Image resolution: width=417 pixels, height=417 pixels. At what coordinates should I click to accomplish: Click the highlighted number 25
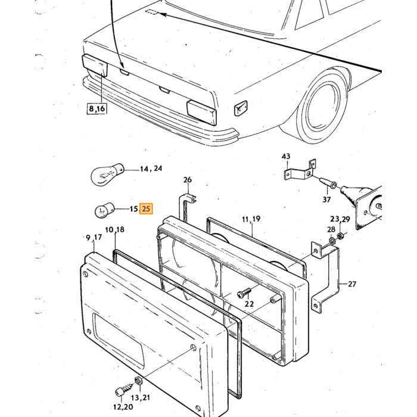pyautogui.click(x=147, y=208)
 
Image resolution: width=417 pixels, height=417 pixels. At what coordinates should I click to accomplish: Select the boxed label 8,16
pyautogui.click(x=97, y=108)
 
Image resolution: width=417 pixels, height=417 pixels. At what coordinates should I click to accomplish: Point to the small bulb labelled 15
pyautogui.click(x=104, y=210)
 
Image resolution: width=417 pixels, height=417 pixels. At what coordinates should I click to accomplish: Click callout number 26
pyautogui.click(x=188, y=180)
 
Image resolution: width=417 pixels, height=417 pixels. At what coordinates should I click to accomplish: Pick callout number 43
pyautogui.click(x=286, y=156)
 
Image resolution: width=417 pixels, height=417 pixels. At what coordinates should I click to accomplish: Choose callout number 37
pyautogui.click(x=326, y=200)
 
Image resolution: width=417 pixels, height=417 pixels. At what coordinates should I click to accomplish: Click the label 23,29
pyautogui.click(x=340, y=219)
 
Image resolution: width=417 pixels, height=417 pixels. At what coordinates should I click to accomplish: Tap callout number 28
pyautogui.click(x=331, y=229)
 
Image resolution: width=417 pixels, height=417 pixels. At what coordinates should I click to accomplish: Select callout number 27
pyautogui.click(x=352, y=284)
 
